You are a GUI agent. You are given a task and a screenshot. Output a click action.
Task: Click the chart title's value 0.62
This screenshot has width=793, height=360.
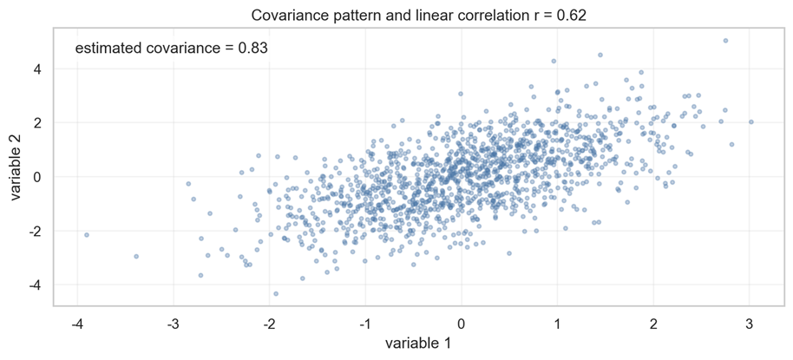pyautogui.click(x=570, y=15)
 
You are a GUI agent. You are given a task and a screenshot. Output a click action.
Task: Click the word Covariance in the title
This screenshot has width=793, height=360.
pyautogui.click(x=280, y=15)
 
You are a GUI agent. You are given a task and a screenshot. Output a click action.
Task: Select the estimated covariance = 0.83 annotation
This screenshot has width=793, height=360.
pyautogui.click(x=171, y=49)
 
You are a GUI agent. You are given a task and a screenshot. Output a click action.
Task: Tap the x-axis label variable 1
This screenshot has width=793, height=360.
pyautogui.click(x=417, y=344)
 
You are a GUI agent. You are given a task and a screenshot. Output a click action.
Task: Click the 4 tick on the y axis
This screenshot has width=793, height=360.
pyautogui.click(x=43, y=69)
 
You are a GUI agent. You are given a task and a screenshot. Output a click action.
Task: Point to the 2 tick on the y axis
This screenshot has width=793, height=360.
pyautogui.click(x=43, y=122)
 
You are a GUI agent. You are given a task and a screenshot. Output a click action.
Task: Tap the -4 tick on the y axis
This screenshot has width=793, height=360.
pyautogui.click(x=41, y=285)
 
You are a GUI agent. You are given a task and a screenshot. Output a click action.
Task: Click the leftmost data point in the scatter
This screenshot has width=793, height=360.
pyautogui.click(x=87, y=234)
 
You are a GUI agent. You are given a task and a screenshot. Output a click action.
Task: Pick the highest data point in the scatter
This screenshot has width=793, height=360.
pyautogui.click(x=725, y=40)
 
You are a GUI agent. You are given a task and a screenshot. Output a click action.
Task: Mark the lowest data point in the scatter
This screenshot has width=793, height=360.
pyautogui.click(x=276, y=293)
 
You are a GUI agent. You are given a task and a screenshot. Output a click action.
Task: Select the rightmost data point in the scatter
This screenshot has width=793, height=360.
pyautogui.click(x=751, y=121)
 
